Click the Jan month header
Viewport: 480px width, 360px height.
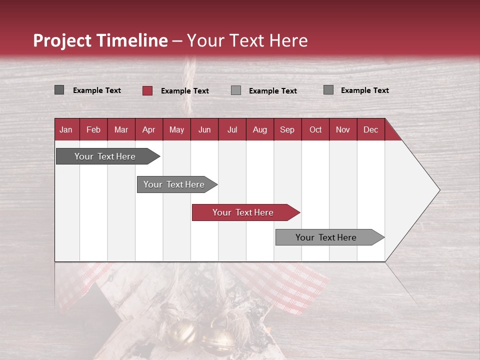coord(66,129)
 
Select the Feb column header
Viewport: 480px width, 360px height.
coord(93,129)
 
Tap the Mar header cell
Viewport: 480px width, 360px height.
coord(121,129)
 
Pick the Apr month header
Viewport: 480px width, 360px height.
coord(148,129)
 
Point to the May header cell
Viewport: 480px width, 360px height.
coord(176,129)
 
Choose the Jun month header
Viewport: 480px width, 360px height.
coord(204,129)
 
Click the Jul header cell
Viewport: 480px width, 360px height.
coord(232,129)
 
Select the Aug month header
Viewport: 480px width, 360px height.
coord(259,129)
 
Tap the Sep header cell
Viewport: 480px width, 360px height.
coord(287,129)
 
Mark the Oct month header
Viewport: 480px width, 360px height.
coord(315,129)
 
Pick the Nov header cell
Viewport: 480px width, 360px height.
coord(343,129)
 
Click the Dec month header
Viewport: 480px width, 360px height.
coord(370,129)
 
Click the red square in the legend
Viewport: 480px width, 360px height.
coord(147,90)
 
